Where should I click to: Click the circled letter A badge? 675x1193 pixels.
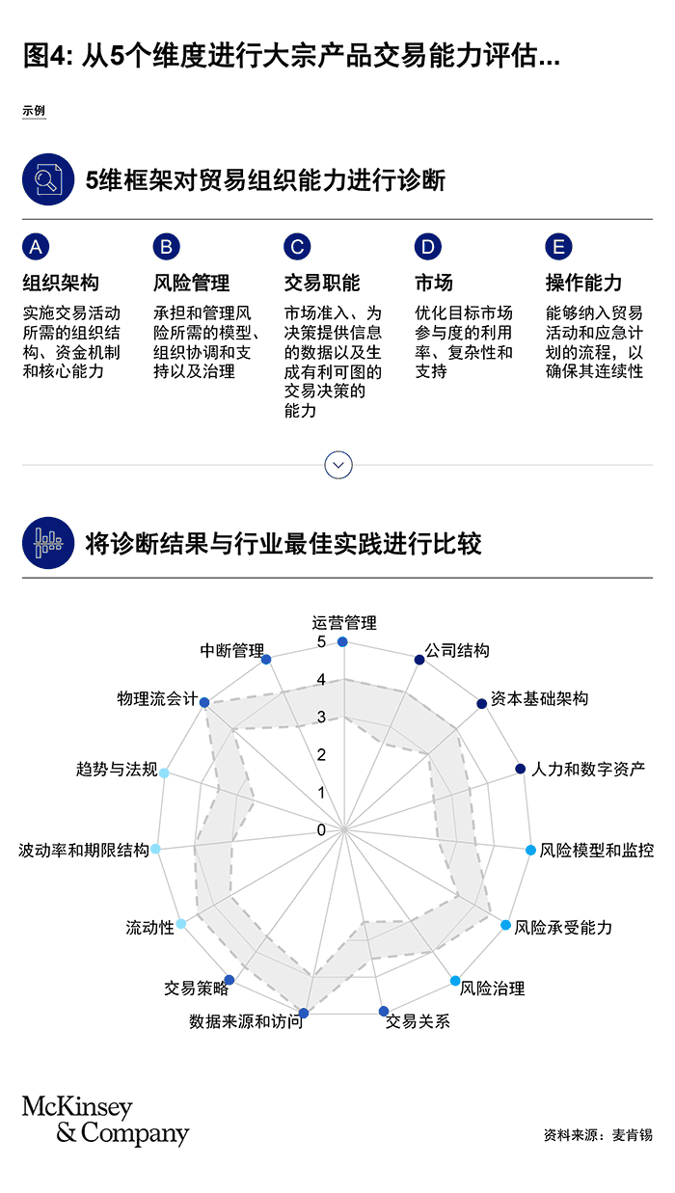click(36, 247)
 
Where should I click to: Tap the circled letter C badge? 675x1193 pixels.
click(297, 247)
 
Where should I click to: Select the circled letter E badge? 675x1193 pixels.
click(558, 247)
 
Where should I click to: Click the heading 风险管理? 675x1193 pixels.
click(191, 283)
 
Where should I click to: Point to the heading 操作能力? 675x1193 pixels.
click(583, 283)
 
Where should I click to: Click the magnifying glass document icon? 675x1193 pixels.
click(48, 179)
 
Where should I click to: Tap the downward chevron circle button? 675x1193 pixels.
click(338, 465)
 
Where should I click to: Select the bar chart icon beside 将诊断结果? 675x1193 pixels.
click(48, 543)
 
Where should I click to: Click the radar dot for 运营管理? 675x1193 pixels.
click(343, 641)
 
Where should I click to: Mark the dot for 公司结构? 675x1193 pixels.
click(419, 660)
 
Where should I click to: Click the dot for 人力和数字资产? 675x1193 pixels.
click(521, 769)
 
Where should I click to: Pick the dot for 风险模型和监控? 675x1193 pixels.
click(530, 850)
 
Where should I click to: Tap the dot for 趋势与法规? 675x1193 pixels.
click(165, 773)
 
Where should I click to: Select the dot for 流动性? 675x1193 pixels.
click(181, 924)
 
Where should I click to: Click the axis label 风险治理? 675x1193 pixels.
click(492, 989)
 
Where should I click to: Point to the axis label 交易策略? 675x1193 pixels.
click(196, 989)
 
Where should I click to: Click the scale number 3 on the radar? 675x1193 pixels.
click(321, 717)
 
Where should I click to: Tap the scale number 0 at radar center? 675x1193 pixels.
click(321, 829)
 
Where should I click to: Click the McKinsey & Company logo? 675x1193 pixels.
click(105, 1119)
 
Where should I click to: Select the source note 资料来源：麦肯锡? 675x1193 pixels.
click(598, 1134)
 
